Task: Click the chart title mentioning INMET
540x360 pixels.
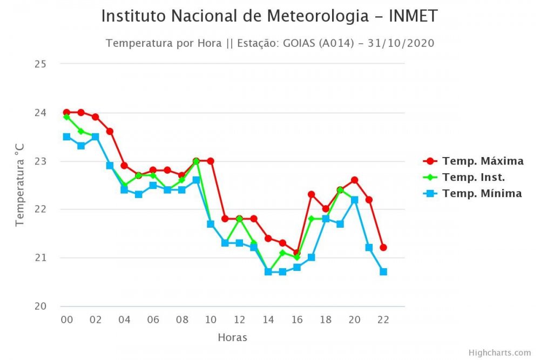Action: tap(269, 17)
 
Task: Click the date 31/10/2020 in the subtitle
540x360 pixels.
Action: tap(401, 43)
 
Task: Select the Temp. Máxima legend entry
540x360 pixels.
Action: tap(482, 161)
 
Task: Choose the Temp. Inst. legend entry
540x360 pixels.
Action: tap(473, 177)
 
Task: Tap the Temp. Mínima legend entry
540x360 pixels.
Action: tap(481, 193)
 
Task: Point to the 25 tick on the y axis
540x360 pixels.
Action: tap(40, 64)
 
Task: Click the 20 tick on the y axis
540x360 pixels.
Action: tap(40, 306)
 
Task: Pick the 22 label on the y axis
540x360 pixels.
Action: tap(40, 209)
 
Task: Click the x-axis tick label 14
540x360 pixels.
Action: tap(268, 320)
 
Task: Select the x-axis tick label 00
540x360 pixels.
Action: tap(66, 320)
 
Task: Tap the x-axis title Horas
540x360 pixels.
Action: tap(232, 338)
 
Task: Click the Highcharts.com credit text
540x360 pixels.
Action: tap(500, 352)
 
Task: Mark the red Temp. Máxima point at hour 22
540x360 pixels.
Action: tap(383, 247)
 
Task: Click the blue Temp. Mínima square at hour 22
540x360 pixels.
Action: tap(383, 271)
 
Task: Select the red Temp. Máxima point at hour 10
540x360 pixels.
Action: tap(211, 161)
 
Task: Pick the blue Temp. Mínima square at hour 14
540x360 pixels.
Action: tap(268, 271)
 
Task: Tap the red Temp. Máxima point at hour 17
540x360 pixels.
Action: tap(312, 194)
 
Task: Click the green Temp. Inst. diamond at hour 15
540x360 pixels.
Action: tap(282, 253)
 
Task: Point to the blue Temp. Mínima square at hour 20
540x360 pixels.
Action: tap(355, 200)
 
